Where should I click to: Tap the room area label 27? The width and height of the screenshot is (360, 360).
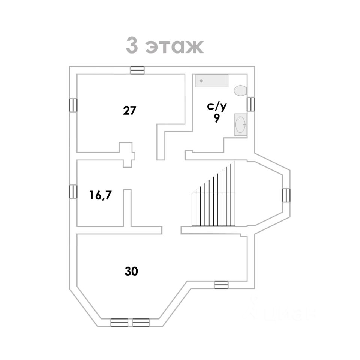[x=129, y=111]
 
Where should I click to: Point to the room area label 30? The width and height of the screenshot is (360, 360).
[x=131, y=271]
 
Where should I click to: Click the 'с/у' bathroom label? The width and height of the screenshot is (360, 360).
[x=217, y=106]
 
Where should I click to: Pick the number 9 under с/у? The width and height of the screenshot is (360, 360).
[x=217, y=118]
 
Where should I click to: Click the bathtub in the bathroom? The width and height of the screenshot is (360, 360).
[x=211, y=81]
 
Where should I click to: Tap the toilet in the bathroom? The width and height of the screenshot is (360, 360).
[x=240, y=90]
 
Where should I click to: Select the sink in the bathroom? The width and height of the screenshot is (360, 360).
[x=240, y=124]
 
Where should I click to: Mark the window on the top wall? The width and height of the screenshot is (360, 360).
[x=137, y=70]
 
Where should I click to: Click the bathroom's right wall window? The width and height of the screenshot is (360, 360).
[x=250, y=103]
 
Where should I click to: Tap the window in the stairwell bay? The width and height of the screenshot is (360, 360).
[x=286, y=195]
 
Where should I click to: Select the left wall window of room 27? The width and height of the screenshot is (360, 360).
[x=73, y=105]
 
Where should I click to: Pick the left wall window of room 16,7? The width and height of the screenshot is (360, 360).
[x=73, y=192]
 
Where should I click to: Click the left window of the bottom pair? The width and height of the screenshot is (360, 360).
[x=119, y=322]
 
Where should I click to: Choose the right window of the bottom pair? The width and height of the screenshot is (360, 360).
[x=141, y=322]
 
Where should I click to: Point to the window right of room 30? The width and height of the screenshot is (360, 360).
[x=221, y=285]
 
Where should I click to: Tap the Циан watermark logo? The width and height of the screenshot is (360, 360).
[x=281, y=312]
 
